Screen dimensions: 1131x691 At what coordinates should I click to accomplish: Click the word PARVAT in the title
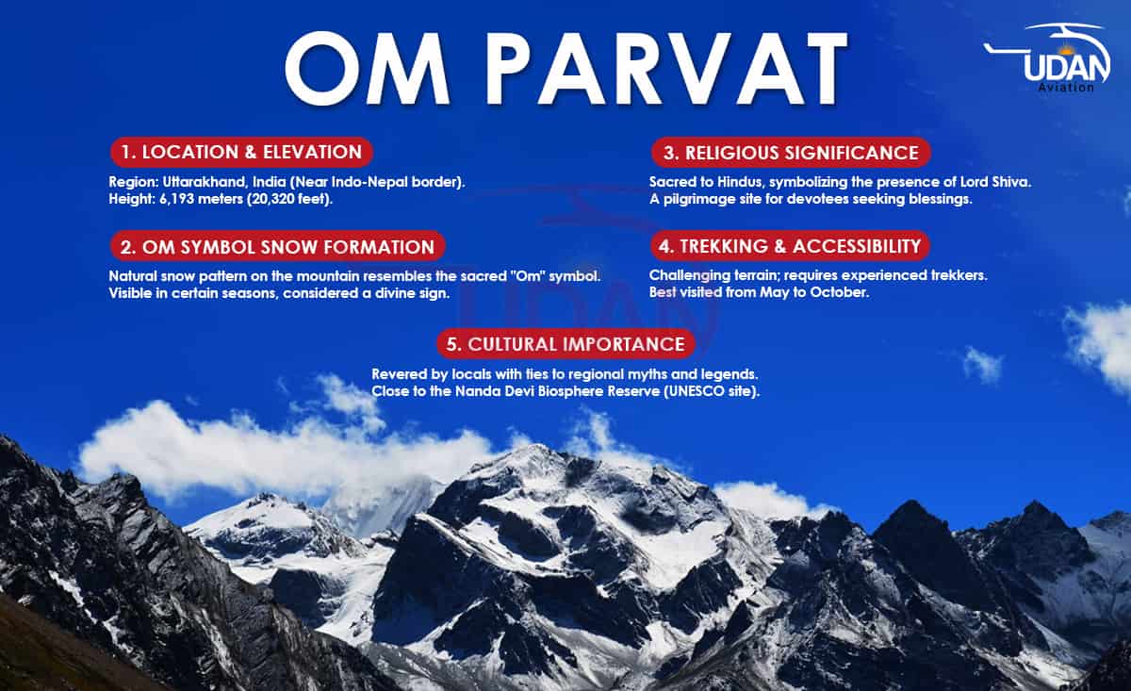pos(666,68)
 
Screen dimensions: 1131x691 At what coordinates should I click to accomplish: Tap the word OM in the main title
pos(368,68)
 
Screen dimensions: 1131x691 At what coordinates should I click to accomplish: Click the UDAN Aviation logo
pos(1048,58)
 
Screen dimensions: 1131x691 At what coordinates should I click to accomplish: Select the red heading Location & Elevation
pos(241,152)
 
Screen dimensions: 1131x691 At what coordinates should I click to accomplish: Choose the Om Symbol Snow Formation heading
pos(277,246)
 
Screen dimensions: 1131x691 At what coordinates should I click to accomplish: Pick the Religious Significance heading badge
pos(791,153)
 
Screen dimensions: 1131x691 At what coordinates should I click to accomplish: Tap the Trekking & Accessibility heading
pos(790,246)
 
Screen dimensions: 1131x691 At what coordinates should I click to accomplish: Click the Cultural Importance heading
pos(565,344)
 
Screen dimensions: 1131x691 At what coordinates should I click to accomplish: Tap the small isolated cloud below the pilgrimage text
pos(982,365)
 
